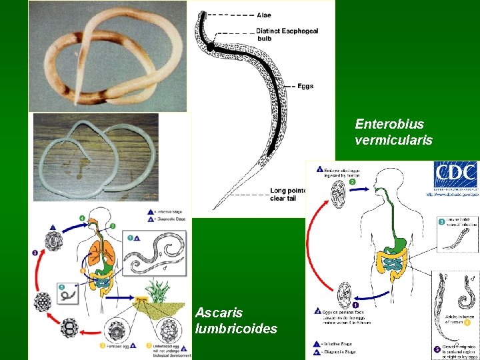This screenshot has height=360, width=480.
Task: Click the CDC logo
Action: point(455,175)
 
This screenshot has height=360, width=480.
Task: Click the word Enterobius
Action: point(389,124)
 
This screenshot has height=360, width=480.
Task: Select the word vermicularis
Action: point(394,140)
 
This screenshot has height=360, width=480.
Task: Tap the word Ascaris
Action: point(219,312)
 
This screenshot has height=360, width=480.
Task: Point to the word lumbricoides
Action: point(236,328)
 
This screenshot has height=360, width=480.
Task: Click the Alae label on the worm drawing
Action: point(264,15)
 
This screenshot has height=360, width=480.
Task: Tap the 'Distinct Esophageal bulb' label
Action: point(287,34)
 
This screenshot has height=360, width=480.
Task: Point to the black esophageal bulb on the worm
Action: point(210,47)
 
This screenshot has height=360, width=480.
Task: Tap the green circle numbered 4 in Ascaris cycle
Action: point(82,218)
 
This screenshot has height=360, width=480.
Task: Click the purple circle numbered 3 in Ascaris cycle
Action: point(34,253)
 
